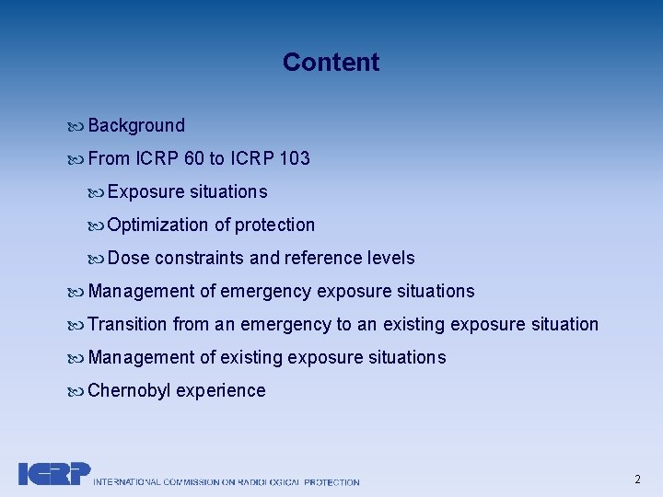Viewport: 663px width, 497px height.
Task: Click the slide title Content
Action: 331,63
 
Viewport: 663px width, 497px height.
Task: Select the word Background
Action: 136,126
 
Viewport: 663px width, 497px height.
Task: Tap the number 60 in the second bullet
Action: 194,159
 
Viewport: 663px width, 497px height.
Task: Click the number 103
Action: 294,159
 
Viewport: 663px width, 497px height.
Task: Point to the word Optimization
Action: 157,225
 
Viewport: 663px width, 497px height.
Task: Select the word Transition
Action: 127,325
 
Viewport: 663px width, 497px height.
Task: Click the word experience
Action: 221,391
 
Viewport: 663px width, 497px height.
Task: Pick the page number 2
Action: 637,479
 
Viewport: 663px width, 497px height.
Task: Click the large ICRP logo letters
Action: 54,473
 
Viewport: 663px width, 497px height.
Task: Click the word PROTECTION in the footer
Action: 331,481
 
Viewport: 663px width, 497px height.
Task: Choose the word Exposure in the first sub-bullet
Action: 145,192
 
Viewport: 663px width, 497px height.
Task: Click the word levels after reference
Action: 390,259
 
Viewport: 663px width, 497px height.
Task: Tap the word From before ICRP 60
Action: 109,159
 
